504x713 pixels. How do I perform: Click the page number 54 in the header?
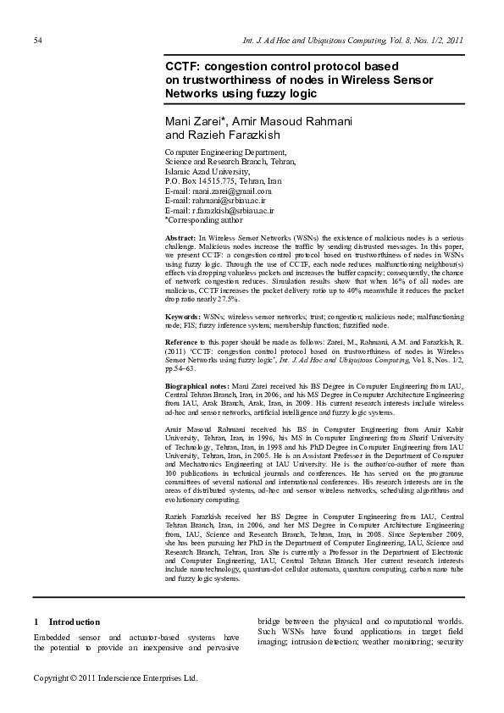coord(38,40)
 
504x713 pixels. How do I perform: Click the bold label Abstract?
coord(180,240)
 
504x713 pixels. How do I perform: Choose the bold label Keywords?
coord(184,316)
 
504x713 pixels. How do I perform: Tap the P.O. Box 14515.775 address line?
coord(223,181)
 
